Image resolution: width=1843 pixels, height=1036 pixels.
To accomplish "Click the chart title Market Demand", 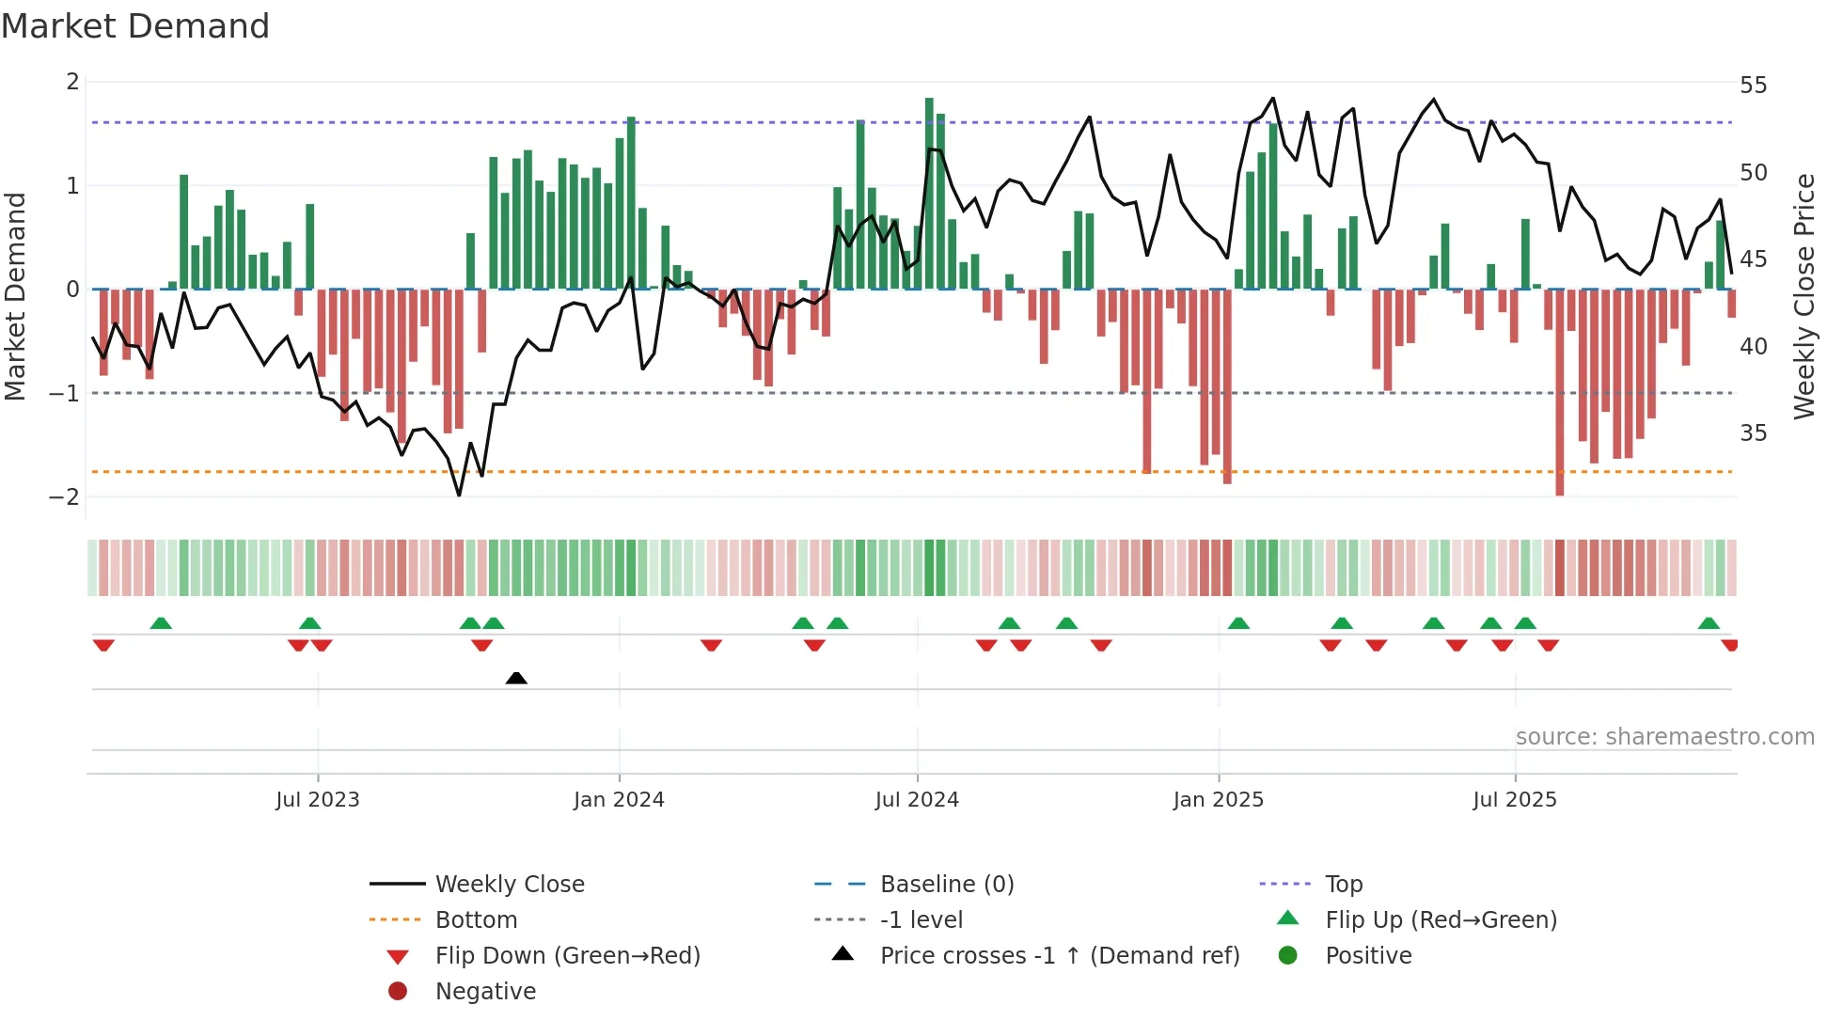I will coord(135,26).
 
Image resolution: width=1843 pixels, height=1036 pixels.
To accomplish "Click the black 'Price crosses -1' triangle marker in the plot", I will coord(516,678).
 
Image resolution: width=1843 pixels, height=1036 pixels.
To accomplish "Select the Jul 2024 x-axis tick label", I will coord(917,799).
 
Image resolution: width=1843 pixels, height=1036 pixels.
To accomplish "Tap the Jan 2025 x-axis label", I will coord(1218,799).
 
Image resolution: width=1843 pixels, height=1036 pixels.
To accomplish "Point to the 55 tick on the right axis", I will coord(1753,86).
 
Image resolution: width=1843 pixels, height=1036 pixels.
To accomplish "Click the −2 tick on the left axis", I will coord(65,496).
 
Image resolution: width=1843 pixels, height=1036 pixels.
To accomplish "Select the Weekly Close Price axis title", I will coord(1804,296).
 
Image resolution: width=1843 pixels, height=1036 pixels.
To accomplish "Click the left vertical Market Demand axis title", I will coord(15,296).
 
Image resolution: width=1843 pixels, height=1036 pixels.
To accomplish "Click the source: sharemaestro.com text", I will coord(1664,736).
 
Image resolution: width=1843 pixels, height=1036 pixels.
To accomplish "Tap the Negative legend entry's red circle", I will coord(398,991).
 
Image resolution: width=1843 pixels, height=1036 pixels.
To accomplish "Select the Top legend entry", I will coord(1343,884).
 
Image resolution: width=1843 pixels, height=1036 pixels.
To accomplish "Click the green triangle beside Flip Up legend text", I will coord(1288,918).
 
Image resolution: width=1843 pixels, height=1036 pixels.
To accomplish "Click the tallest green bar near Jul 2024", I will coord(929,193).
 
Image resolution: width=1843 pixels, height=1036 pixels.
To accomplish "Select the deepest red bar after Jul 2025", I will coord(1560,392).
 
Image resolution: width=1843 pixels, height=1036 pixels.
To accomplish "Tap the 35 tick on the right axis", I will coord(1753,433).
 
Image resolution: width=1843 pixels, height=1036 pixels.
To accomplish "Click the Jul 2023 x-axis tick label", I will coord(317,799).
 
